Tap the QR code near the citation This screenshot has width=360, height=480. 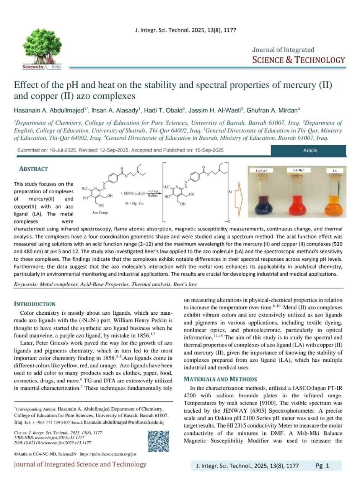click(x=158, y=441)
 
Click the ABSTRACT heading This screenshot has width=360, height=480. click(x=33, y=169)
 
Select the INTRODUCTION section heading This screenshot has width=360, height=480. click(x=35, y=304)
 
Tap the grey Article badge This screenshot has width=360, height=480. click(x=310, y=150)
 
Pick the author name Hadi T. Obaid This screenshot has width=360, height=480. click(x=165, y=111)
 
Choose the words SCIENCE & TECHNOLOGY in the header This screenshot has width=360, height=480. click(x=298, y=60)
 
